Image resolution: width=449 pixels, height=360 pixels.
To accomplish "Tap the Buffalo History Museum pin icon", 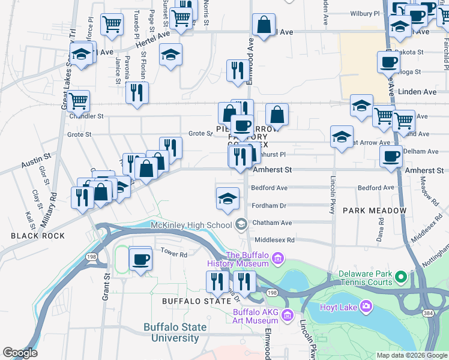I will tap(277, 259).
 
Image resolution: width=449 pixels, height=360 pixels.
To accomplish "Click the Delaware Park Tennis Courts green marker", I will tap(401, 277).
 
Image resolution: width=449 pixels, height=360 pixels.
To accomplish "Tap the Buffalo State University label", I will tap(175, 333).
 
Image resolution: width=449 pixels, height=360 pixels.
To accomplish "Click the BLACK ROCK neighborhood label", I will tap(38, 236).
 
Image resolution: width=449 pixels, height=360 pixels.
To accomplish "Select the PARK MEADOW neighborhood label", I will tap(375, 211).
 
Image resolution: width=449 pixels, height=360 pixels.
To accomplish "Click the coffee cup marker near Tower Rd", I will tap(141, 260).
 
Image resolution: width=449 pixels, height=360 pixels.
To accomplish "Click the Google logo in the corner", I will tap(20, 353).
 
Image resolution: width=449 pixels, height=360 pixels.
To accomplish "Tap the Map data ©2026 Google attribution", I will tap(411, 355).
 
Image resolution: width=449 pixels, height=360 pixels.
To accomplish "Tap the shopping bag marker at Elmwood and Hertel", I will tap(264, 25).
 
